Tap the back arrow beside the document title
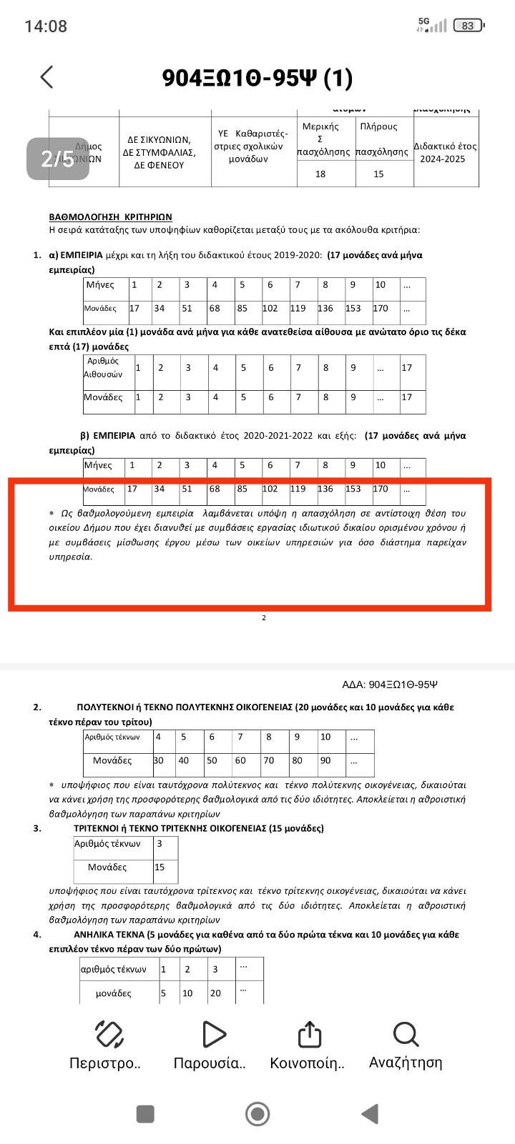coord(47,77)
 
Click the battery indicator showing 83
coord(469,26)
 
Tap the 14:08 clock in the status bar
coord(46,26)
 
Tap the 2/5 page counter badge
coord(57,158)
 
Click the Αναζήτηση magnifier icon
coord(406,1034)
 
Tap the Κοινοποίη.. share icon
coord(308,1034)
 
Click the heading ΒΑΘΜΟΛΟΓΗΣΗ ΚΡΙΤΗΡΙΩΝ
coord(110,217)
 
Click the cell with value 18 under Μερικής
coord(320,174)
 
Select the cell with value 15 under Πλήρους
coord(378,174)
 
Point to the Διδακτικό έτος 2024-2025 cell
coord(445,152)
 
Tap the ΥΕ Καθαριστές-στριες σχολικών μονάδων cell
coord(253,146)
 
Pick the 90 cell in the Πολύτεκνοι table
coord(325,760)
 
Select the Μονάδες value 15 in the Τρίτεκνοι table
coord(160,867)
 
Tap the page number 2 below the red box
coord(264,617)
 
